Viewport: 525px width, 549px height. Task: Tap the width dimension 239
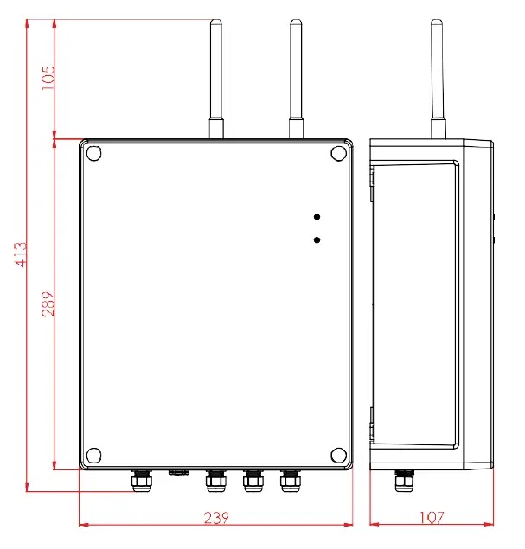[216, 518]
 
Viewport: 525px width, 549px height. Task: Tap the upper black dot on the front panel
[317, 216]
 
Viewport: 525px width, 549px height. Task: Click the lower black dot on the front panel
[317, 239]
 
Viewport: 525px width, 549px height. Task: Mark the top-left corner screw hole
[94, 154]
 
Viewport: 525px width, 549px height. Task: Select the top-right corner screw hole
[337, 154]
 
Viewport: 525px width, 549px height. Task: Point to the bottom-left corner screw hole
[94, 456]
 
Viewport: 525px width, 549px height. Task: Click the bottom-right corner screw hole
[337, 456]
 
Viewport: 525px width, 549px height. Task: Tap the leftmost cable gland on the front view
[139, 480]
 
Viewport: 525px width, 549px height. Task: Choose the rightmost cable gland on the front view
[290, 480]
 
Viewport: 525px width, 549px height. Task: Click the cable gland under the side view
[402, 480]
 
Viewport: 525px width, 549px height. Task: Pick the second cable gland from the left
[214, 480]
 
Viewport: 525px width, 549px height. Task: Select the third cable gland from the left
[253, 480]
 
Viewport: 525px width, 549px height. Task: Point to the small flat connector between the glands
[179, 473]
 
